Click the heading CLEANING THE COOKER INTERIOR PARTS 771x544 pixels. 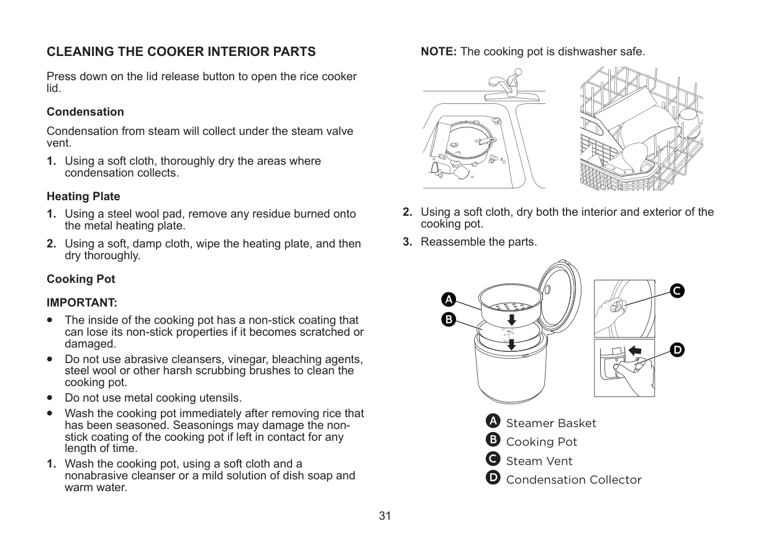coord(181,52)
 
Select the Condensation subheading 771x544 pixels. coord(85,112)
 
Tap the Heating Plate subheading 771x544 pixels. coord(83,196)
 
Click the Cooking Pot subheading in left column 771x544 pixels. coord(81,279)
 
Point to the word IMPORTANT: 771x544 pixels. coord(81,303)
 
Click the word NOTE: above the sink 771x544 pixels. coord(439,52)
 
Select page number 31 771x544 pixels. coord(385,516)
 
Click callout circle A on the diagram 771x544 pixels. coord(448,299)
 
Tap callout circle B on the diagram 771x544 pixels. coord(448,320)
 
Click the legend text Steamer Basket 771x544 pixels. coord(550,423)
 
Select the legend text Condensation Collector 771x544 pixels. coord(573,480)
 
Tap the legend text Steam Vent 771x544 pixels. coord(539,461)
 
